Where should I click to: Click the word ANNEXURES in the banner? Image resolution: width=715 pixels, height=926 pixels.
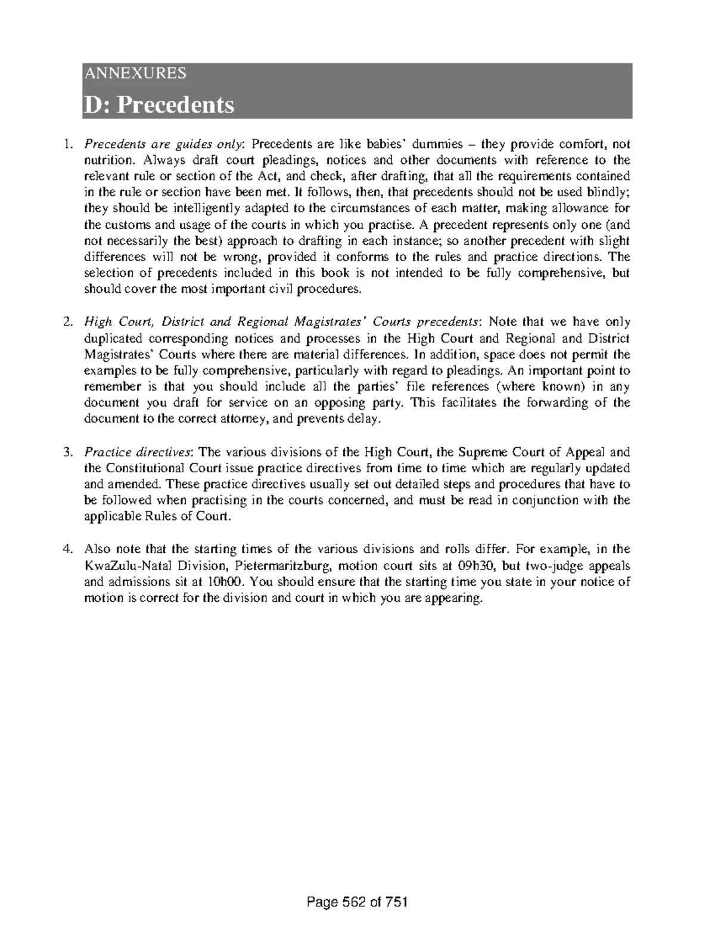click(x=135, y=73)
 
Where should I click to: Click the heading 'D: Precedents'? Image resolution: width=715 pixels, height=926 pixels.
click(x=158, y=105)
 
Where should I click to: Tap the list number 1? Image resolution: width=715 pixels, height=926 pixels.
click(x=69, y=144)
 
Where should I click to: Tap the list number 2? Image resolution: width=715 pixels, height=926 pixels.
click(x=69, y=323)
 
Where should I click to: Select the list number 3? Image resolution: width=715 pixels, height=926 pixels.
click(x=69, y=452)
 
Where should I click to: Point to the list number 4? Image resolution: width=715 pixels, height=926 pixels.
click(x=69, y=549)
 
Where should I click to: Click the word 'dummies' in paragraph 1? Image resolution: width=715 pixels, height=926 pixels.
click(x=438, y=144)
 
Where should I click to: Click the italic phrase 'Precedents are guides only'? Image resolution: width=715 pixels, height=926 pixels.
click(x=164, y=144)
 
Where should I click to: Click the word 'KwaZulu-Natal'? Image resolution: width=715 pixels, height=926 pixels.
click(x=122, y=565)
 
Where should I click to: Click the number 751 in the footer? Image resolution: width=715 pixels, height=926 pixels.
click(x=397, y=902)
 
